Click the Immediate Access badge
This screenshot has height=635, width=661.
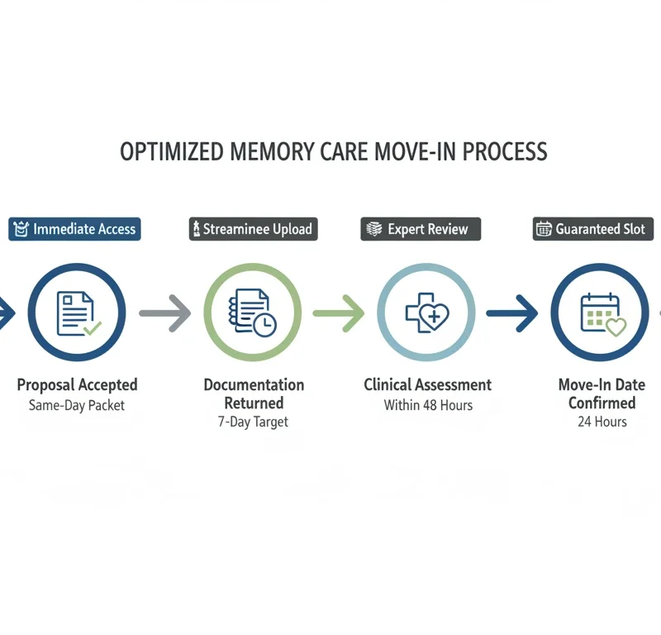click(74, 229)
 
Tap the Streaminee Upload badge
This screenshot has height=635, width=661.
click(254, 229)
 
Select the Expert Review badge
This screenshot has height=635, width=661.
click(421, 229)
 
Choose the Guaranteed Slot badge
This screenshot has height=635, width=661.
click(594, 229)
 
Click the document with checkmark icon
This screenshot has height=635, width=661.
click(77, 313)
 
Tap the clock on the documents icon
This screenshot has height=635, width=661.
click(265, 325)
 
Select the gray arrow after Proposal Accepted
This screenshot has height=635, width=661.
click(164, 313)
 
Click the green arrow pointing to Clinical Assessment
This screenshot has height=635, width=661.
click(340, 313)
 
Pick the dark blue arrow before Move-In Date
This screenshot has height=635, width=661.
click(512, 313)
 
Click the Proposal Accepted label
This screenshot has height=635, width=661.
click(77, 384)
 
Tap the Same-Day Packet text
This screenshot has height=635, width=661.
click(77, 405)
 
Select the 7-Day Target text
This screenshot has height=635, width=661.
click(254, 423)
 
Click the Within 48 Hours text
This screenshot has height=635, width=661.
click(428, 405)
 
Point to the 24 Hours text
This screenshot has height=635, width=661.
click(602, 422)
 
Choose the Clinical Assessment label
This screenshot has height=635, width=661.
click(428, 384)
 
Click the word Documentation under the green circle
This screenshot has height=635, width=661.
click(254, 384)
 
